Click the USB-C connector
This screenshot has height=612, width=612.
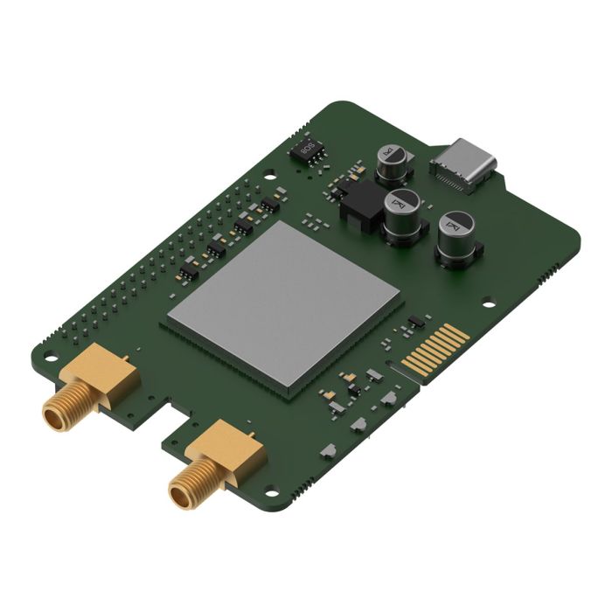465,164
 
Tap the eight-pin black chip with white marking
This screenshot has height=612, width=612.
307,148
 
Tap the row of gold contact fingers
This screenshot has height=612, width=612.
435,351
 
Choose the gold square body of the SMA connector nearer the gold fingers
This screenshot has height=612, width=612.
229,449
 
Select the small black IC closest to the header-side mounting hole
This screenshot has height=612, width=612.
267,205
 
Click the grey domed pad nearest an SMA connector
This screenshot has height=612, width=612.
329,449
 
